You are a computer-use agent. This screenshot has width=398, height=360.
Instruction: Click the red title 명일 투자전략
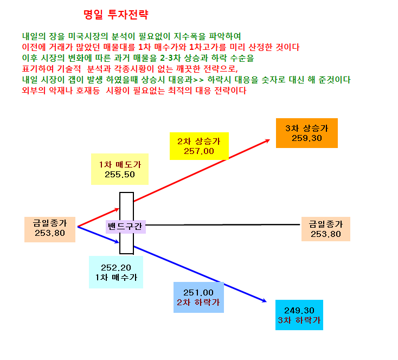115,15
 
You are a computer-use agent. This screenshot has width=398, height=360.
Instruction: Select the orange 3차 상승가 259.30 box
307,133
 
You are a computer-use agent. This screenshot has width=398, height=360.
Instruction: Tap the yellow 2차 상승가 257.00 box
199,146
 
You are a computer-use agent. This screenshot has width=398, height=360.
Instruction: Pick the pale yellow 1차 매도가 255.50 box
120,169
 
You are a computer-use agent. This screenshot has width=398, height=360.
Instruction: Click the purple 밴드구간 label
126,227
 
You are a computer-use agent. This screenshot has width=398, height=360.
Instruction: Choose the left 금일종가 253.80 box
50,229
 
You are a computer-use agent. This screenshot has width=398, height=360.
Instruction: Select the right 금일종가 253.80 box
326,229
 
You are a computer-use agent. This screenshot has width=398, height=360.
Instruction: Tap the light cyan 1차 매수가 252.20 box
116,272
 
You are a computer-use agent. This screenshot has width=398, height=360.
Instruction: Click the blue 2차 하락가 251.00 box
199,297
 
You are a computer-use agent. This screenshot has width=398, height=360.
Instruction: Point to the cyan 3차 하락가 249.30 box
299,315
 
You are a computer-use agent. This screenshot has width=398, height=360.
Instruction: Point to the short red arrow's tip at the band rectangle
119,209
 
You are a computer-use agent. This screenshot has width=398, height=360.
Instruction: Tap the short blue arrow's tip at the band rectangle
119,242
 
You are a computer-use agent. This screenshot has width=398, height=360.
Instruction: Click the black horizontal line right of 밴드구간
223,224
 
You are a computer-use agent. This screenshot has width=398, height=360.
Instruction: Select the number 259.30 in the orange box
307,138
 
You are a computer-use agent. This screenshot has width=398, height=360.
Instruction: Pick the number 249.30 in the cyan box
299,311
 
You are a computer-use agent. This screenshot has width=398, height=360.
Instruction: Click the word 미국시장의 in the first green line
88,36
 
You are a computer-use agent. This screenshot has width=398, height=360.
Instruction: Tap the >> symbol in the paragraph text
198,80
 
